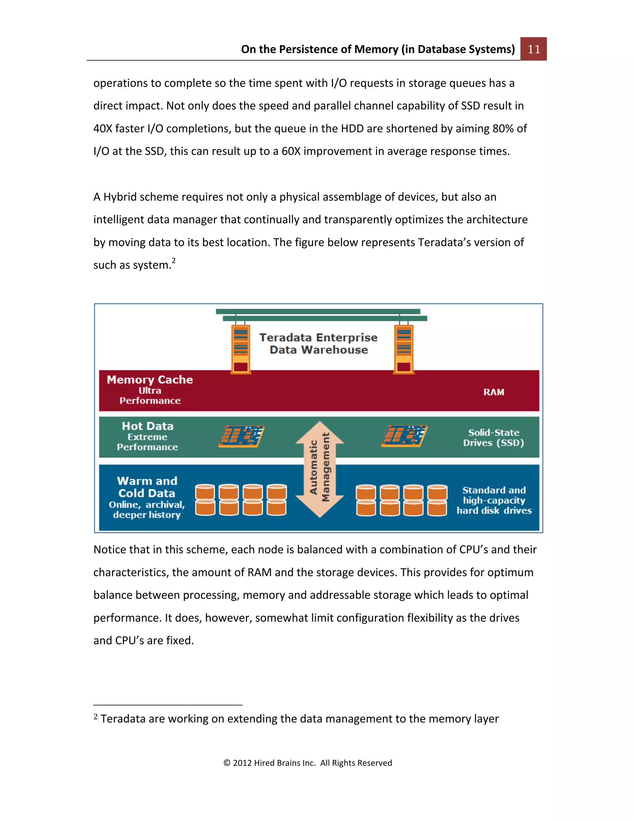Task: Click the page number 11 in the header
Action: [533, 49]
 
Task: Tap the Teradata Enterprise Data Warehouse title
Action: [318, 343]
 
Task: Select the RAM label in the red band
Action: [493, 392]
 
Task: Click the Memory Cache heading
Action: [150, 380]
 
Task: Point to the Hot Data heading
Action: [148, 426]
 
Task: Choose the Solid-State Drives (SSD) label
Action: [493, 438]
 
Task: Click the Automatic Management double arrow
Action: [319, 469]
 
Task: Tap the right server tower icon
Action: [404, 349]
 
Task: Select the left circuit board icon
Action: [241, 436]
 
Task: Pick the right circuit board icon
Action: [405, 436]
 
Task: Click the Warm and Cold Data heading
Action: [147, 487]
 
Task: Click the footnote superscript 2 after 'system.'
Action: [174, 261]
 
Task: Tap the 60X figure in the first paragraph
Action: [291, 151]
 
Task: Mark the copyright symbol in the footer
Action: [227, 763]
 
